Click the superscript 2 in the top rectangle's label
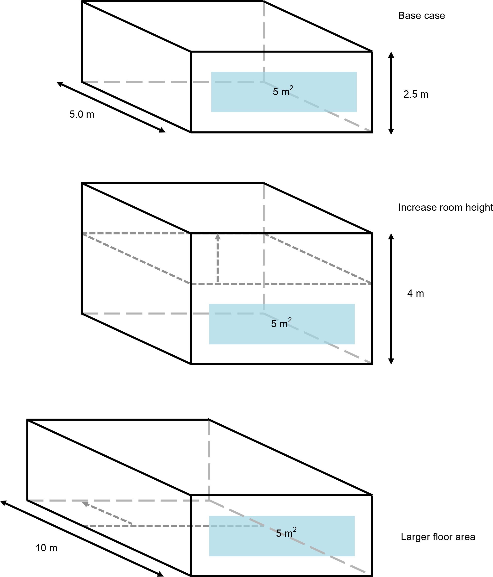[x=291, y=88]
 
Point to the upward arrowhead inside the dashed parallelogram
[x=218, y=237]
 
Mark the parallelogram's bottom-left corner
[x=190, y=283]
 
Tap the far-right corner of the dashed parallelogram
[x=370, y=283]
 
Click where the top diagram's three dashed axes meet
[x=264, y=82]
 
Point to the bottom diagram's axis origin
[x=209, y=500]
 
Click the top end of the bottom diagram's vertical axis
[x=209, y=421]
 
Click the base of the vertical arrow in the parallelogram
[x=218, y=283]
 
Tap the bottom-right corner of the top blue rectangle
[x=357, y=112]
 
